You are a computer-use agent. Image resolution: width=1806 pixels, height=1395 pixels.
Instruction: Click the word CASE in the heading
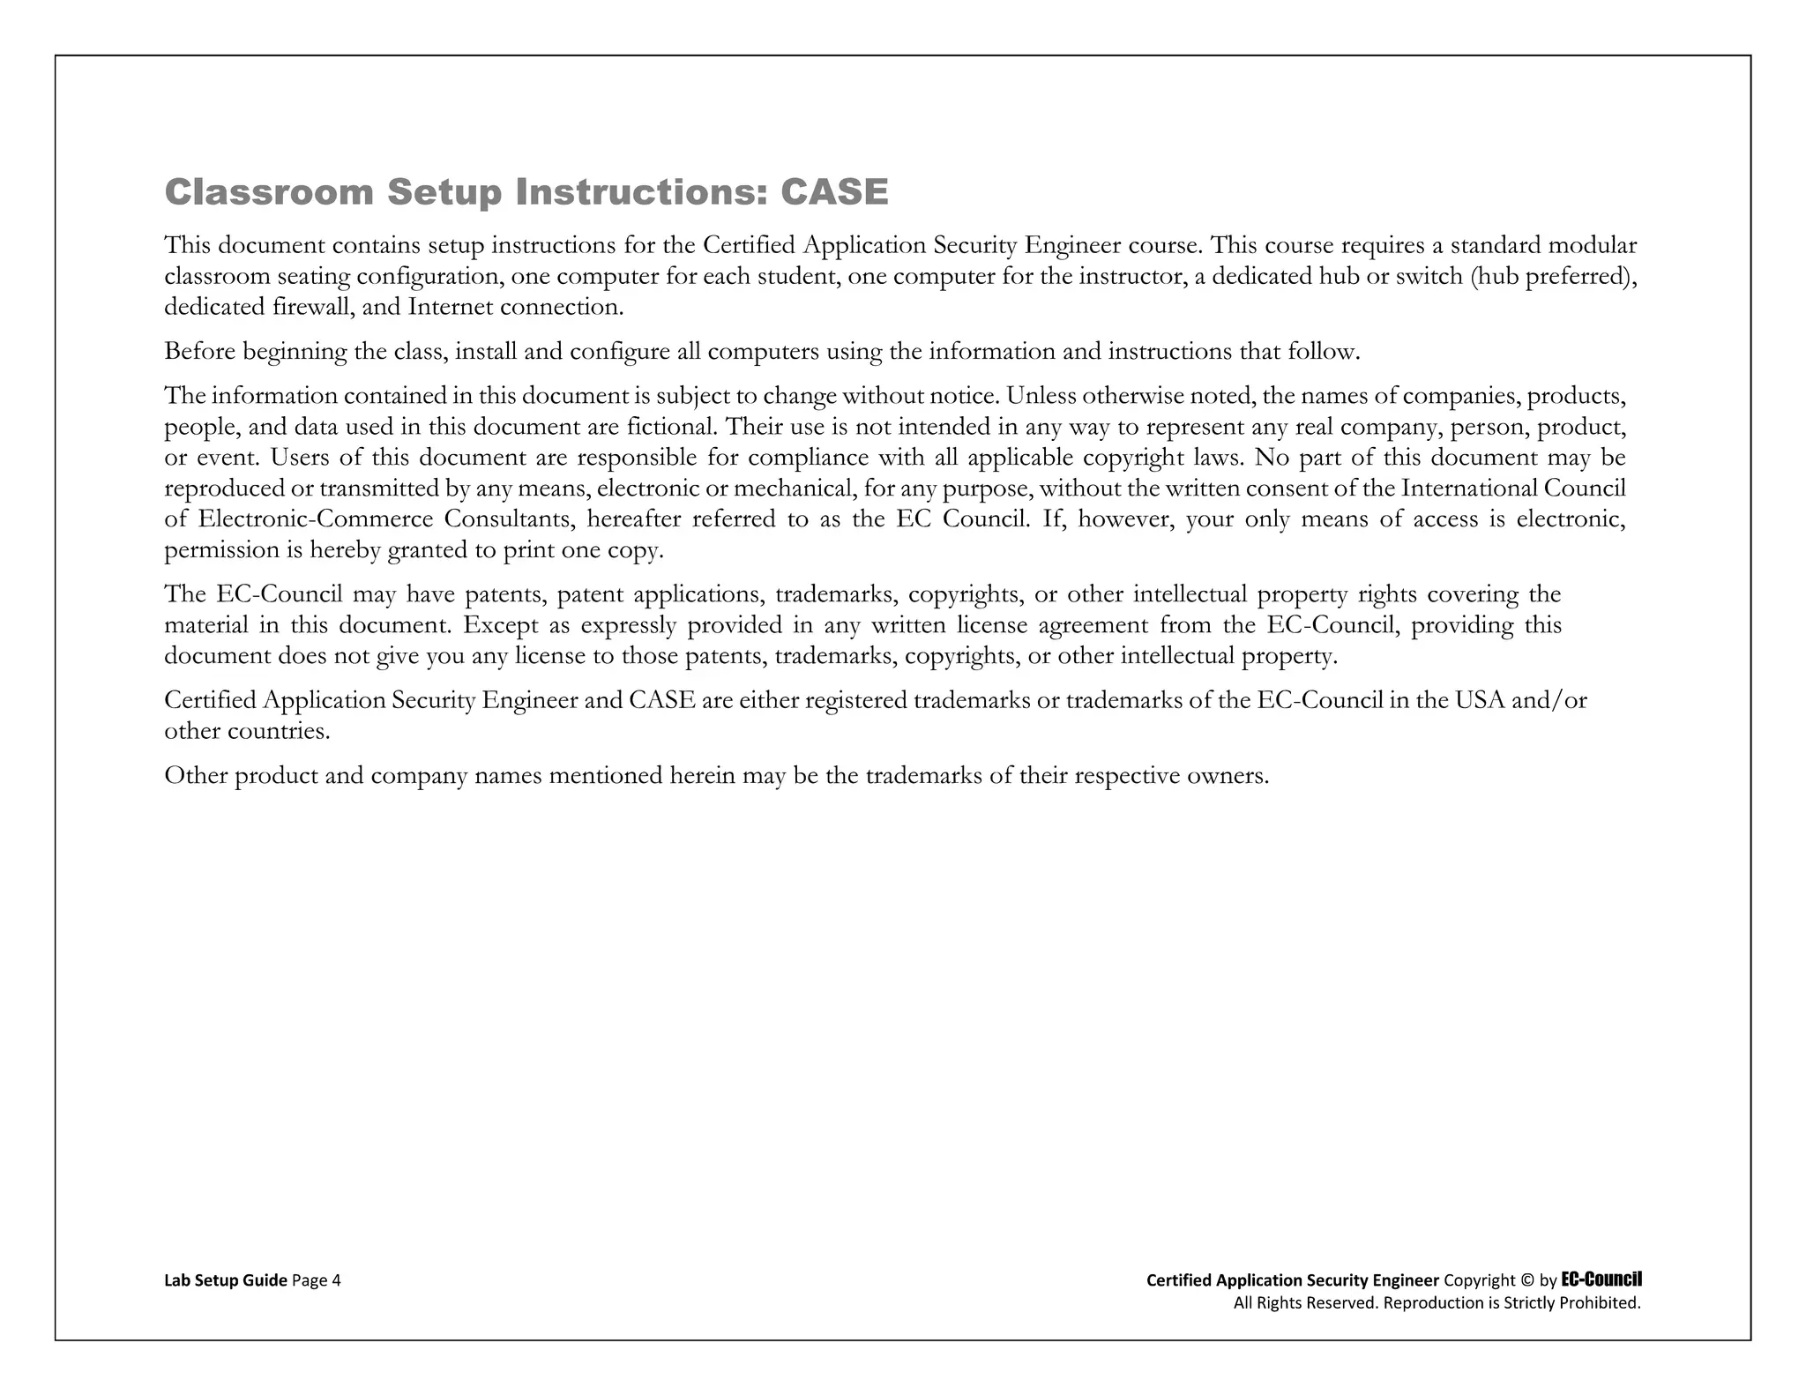point(834,192)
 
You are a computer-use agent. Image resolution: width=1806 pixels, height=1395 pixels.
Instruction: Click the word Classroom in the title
point(269,192)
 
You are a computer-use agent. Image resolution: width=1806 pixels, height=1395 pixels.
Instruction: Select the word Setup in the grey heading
point(444,192)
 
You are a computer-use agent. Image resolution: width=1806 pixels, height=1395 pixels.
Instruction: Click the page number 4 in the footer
point(336,1280)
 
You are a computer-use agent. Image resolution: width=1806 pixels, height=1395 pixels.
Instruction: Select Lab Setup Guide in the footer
point(226,1280)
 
